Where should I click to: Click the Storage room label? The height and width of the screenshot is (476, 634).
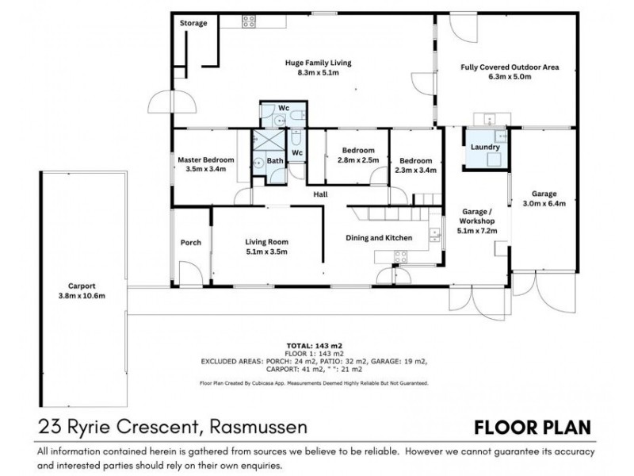pos(193,23)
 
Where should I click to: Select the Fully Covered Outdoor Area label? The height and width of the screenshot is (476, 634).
pos(510,67)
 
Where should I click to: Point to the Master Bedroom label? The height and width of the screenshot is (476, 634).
pos(206,159)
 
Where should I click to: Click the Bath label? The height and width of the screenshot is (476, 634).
pos(274,161)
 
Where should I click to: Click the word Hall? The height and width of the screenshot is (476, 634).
pos(321,194)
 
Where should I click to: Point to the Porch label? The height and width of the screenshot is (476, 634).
pos(191,242)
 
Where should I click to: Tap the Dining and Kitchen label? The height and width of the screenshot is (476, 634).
pos(380,237)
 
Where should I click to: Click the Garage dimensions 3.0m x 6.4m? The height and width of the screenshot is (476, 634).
pos(544,203)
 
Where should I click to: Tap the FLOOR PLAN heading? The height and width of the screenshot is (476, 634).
pos(532,428)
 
